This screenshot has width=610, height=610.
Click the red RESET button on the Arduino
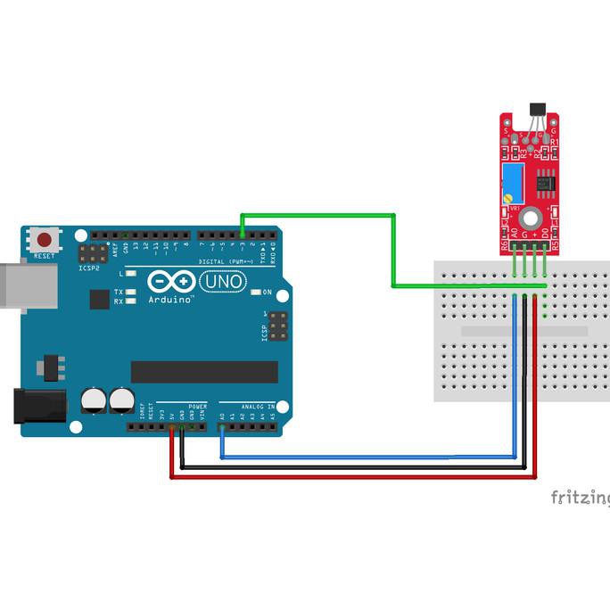[44, 239]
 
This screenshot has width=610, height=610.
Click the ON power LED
[256, 293]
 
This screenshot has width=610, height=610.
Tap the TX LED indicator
[130, 292]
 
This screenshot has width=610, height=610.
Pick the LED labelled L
[130, 274]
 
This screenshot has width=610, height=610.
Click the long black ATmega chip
[204, 372]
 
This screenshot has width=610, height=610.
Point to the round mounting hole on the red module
[530, 216]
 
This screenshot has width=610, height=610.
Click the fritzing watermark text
[580, 497]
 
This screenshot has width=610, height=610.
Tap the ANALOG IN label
[260, 406]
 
